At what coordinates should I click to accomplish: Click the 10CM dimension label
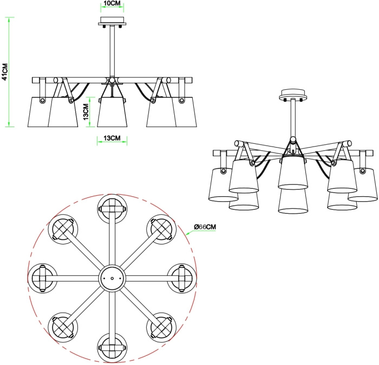click(112, 3)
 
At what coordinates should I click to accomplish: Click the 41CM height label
click(5, 72)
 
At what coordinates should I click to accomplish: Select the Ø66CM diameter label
click(205, 227)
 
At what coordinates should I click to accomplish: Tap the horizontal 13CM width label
click(112, 138)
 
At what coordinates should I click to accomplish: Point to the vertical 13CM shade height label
click(86, 112)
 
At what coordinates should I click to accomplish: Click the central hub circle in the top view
click(113, 278)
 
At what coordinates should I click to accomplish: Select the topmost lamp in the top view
click(113, 209)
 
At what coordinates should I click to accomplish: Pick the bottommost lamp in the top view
click(113, 348)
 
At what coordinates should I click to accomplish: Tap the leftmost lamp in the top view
click(43, 278)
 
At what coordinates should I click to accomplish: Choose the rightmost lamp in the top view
click(182, 278)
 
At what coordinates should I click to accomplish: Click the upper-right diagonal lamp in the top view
click(161, 229)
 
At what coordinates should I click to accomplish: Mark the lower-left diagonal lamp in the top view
click(63, 327)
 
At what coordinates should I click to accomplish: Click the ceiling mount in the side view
click(112, 21)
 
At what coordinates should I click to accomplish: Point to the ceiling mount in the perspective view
click(293, 95)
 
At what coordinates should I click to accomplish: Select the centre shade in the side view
click(112, 112)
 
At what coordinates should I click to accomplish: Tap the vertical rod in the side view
click(112, 51)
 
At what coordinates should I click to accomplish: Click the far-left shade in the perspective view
click(223, 185)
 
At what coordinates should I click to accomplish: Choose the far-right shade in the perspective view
click(363, 185)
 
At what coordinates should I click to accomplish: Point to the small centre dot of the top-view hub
click(112, 278)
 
